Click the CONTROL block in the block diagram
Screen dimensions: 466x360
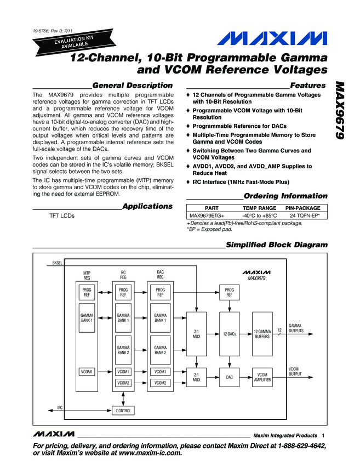point(123,410)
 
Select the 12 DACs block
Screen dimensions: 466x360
point(229,334)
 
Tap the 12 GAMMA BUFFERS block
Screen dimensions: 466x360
point(262,334)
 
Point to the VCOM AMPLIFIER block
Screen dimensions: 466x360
point(262,377)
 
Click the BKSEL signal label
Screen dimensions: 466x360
point(58,263)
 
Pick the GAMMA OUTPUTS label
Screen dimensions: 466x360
point(295,328)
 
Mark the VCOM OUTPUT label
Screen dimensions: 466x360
point(295,372)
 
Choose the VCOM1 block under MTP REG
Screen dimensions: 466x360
point(88,372)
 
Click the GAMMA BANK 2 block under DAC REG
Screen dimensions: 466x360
point(160,350)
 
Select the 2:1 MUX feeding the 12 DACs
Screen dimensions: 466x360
point(196,334)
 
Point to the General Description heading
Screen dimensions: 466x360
point(133,86)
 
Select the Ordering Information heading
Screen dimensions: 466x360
point(285,196)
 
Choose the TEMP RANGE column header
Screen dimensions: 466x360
point(259,208)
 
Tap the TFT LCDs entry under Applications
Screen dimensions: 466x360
point(62,216)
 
